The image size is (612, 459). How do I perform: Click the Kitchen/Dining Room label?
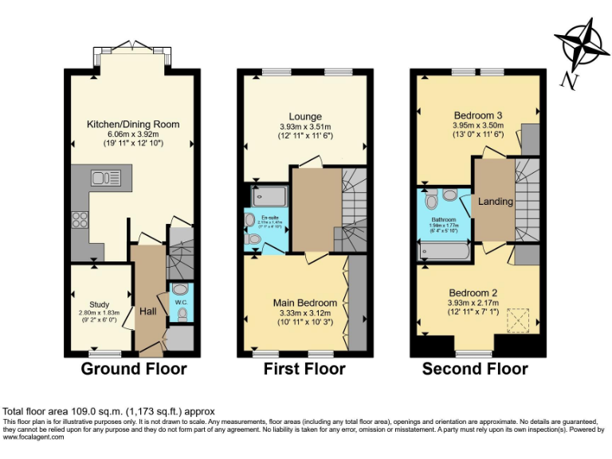[133, 124]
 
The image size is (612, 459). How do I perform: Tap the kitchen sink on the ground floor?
[104, 177]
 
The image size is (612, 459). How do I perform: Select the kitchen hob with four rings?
[80, 221]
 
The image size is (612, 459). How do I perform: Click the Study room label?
[99, 304]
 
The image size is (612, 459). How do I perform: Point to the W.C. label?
[181, 302]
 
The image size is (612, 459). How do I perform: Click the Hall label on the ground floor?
[148, 311]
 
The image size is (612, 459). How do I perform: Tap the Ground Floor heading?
[134, 369]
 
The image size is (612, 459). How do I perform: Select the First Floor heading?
[304, 369]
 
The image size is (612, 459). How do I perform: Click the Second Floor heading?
[475, 369]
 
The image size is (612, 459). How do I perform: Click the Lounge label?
[305, 116]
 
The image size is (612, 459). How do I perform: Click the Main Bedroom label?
[304, 303]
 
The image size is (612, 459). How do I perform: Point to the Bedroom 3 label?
[478, 115]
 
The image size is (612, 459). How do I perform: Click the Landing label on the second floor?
[496, 202]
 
